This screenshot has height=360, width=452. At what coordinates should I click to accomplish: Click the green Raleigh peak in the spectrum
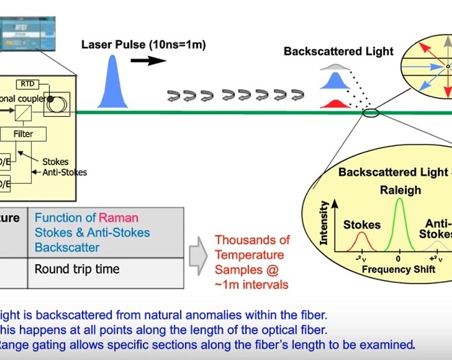click(398, 223)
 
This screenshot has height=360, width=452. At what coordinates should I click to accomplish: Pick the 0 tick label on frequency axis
click(398, 259)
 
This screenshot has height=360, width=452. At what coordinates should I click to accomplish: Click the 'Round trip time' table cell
click(77, 269)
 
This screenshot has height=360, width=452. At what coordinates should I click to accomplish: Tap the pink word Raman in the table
click(119, 217)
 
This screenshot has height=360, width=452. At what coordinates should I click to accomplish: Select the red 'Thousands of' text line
click(253, 240)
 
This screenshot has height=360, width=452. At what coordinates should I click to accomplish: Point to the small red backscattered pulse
click(336, 104)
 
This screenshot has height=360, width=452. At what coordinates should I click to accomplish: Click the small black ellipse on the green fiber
click(371, 112)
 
